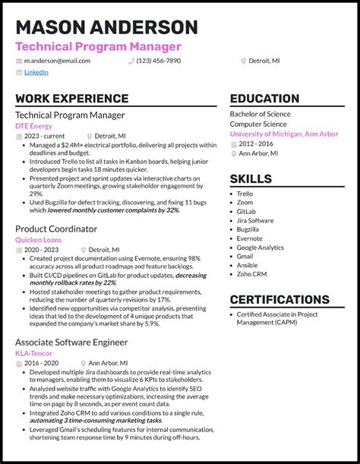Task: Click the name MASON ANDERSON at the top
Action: click(x=106, y=28)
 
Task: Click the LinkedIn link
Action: click(x=36, y=72)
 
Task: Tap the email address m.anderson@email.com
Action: click(x=56, y=60)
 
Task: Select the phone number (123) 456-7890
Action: click(x=159, y=60)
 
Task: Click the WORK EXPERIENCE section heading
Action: click(x=71, y=99)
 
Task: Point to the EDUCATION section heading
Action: click(x=264, y=99)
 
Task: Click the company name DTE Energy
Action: click(x=34, y=125)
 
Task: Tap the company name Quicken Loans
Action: click(x=39, y=239)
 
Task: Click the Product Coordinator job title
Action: click(x=56, y=228)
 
